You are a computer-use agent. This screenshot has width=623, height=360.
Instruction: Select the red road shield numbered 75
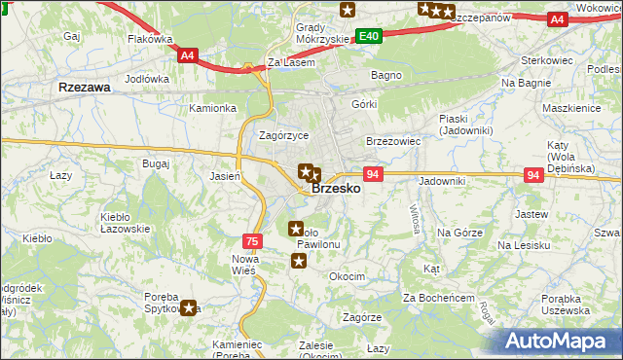[251, 240]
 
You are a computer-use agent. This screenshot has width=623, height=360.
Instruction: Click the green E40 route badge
[368, 36]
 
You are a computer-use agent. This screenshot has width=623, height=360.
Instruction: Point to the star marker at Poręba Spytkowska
[189, 307]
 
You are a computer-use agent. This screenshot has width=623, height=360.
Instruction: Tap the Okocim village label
[347, 276]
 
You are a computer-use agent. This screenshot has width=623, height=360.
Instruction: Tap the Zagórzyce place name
[283, 136]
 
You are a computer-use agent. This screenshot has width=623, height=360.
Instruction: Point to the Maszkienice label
[571, 107]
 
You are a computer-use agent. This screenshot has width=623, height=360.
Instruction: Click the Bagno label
[386, 74]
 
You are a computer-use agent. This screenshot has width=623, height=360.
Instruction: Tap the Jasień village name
[226, 176]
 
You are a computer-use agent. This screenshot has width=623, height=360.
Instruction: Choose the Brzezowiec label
[392, 141]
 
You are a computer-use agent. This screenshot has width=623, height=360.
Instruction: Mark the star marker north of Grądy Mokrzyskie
[348, 10]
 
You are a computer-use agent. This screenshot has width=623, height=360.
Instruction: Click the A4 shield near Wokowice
[557, 18]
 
